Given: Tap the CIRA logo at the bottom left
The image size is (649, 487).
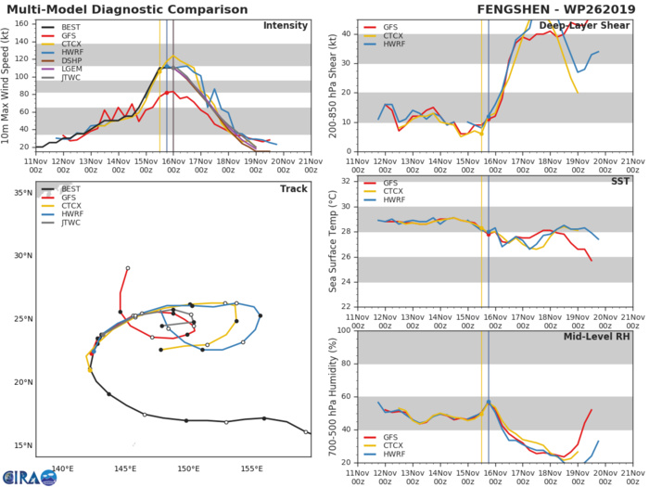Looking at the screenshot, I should (29, 475).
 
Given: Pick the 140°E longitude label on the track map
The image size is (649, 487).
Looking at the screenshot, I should (62, 466).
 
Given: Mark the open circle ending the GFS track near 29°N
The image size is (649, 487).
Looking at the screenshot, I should (128, 268).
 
